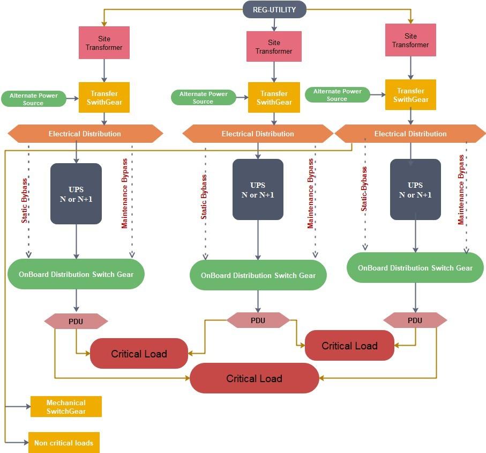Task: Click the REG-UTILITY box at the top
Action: [x=274, y=10]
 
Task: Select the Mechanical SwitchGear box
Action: [x=66, y=407]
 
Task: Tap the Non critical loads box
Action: [x=64, y=443]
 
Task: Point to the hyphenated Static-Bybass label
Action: [x=364, y=189]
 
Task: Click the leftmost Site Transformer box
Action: [x=104, y=43]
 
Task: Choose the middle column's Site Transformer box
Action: [x=274, y=47]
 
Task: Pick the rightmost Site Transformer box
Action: [x=410, y=40]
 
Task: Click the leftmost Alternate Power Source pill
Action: [x=33, y=99]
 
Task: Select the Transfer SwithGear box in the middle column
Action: [x=274, y=98]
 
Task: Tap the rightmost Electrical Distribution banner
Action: [x=410, y=134]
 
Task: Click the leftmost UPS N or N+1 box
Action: [x=76, y=194]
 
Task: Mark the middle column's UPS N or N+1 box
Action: [x=258, y=190]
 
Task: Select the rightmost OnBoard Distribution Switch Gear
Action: [x=415, y=268]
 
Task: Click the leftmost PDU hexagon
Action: [x=76, y=322]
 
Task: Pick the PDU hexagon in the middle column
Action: [x=258, y=320]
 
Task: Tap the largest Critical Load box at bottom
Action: [x=254, y=378]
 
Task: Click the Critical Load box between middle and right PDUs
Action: [x=349, y=346]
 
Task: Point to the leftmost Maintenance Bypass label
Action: [x=125, y=193]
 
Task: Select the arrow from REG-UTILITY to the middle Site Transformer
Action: [x=274, y=25]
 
